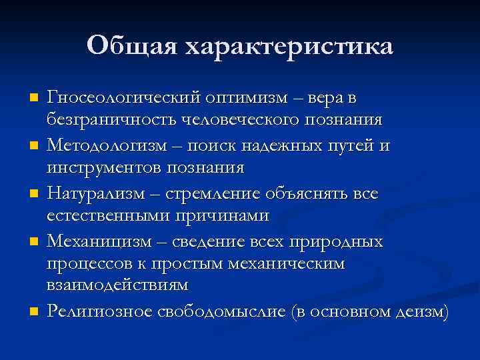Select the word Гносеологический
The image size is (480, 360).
pyautogui.click(x=124, y=98)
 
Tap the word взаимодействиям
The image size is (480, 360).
pyautogui.click(x=117, y=285)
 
